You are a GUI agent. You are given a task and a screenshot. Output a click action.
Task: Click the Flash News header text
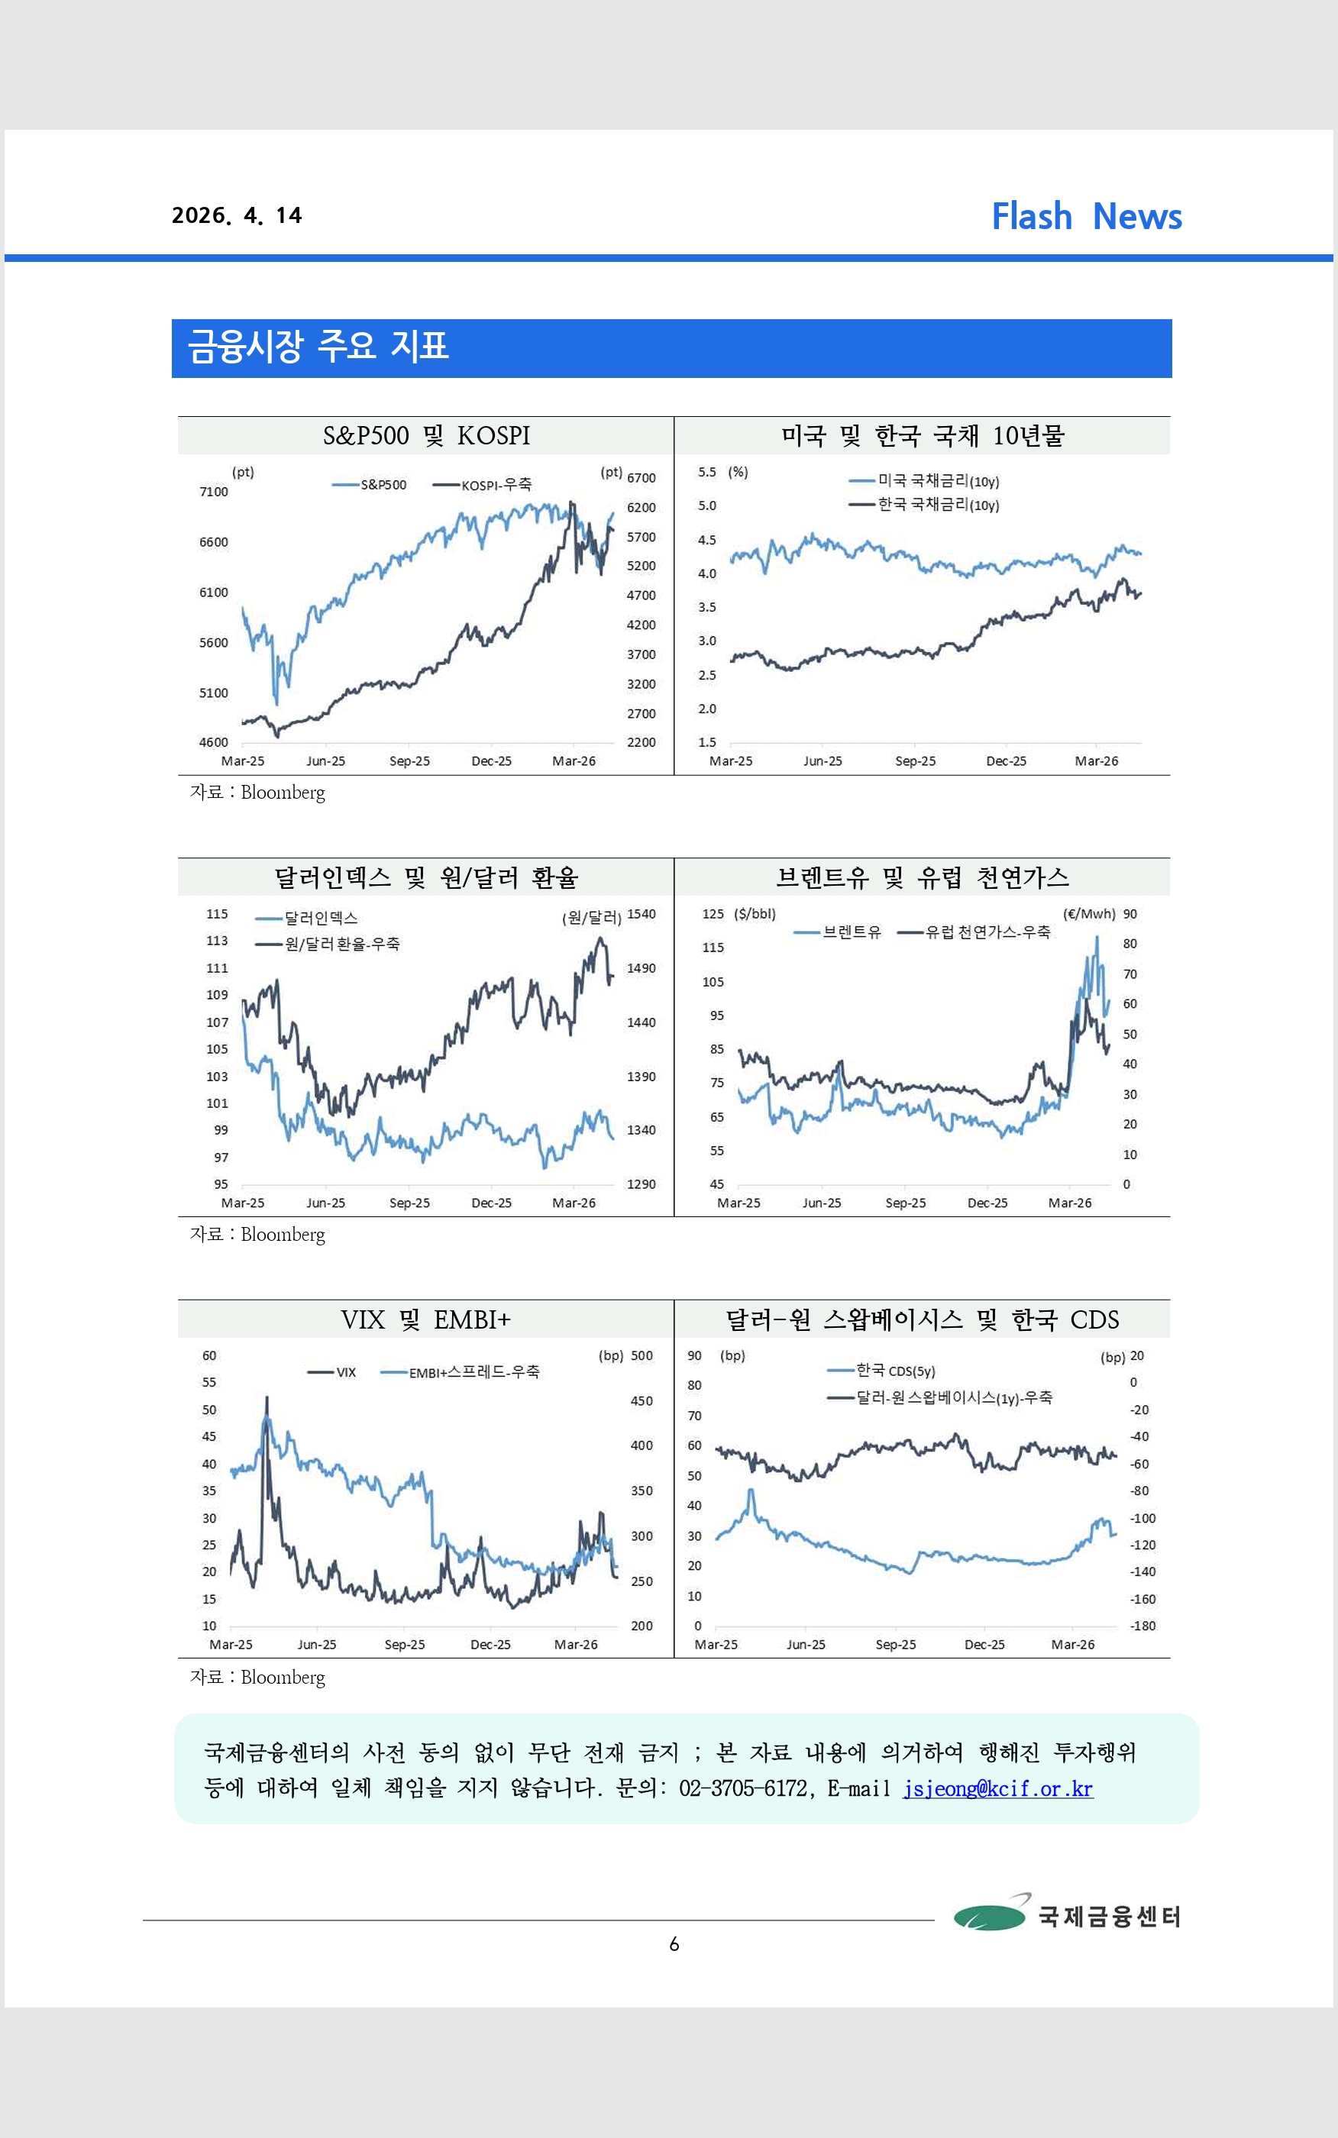click(x=1087, y=216)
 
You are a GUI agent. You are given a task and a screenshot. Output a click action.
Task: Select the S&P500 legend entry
click(x=370, y=485)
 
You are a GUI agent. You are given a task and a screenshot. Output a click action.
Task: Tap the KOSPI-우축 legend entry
click(x=483, y=485)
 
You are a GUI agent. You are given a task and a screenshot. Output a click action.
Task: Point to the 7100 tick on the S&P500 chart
click(x=213, y=492)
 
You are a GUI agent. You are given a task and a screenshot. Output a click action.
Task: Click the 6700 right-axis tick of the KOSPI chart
click(x=642, y=478)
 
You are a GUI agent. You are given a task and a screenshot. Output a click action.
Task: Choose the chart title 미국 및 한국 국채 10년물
click(x=922, y=435)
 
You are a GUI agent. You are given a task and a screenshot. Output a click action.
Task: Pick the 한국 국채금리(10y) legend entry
click(x=925, y=505)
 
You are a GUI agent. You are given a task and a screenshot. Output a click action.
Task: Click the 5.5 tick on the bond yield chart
click(x=707, y=473)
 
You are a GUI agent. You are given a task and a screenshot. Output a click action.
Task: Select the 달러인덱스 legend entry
click(x=307, y=918)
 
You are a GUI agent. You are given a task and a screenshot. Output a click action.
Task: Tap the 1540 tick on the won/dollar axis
click(x=642, y=914)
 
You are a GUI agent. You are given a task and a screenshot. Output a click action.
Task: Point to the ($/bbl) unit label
click(x=755, y=914)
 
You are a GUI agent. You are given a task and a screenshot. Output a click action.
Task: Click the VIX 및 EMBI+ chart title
click(x=425, y=1319)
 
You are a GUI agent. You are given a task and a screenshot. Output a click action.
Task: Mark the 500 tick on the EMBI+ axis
click(x=642, y=1355)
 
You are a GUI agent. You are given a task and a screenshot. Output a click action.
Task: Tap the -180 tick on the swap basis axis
click(x=1142, y=1626)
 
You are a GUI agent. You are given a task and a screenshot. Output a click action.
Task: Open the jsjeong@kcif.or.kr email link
click(x=998, y=1788)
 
